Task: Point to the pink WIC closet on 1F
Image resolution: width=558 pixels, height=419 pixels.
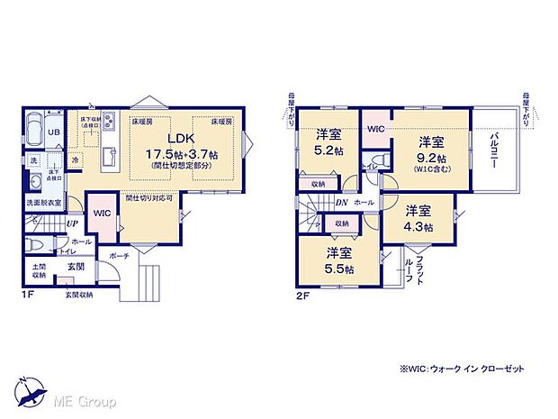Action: (102, 214)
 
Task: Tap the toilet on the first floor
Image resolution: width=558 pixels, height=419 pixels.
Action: (34, 244)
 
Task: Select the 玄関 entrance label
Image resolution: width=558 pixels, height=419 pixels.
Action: (76, 267)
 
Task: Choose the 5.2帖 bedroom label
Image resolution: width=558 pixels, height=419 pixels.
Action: (326, 142)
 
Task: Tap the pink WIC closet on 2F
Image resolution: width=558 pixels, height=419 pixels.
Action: (375, 128)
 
